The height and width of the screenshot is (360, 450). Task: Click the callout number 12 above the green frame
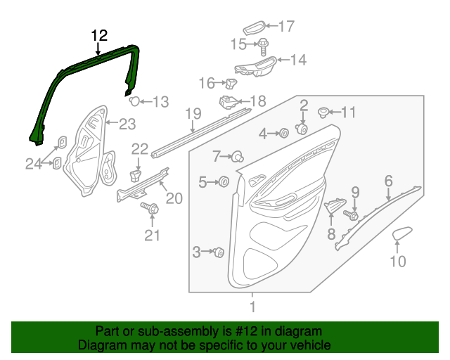[99, 35]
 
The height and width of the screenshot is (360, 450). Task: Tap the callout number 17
[285, 27]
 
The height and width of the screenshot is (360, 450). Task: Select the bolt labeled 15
[263, 45]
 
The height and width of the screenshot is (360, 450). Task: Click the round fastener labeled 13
[136, 101]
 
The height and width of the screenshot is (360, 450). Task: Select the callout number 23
[127, 124]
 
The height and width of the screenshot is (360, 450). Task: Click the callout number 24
[34, 164]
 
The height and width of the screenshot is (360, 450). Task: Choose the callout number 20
[174, 198]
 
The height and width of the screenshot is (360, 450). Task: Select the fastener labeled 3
[219, 251]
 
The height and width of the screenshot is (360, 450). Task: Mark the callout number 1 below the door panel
[252, 307]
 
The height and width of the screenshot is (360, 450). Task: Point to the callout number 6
[388, 181]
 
